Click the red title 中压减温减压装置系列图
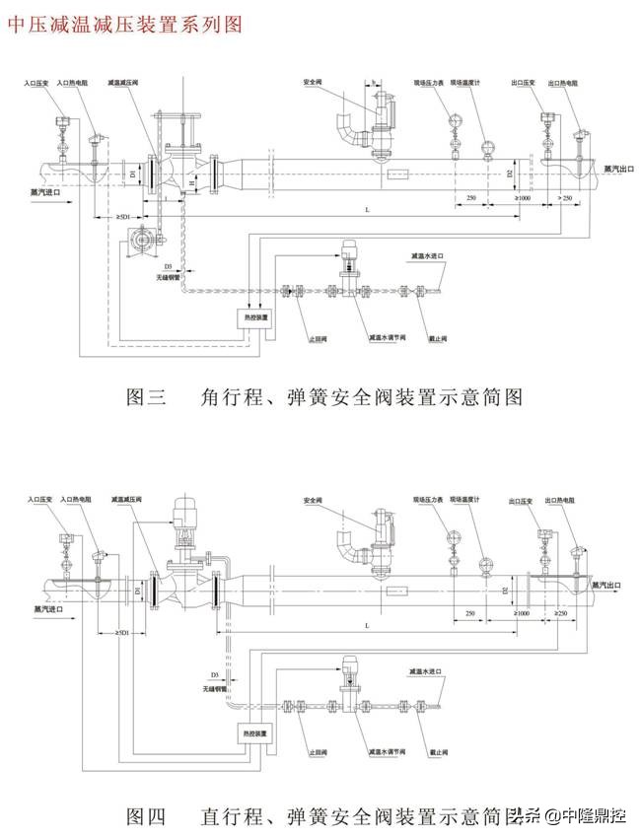(x=124, y=26)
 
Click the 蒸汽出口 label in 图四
(x=608, y=585)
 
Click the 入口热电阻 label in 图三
(x=75, y=84)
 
